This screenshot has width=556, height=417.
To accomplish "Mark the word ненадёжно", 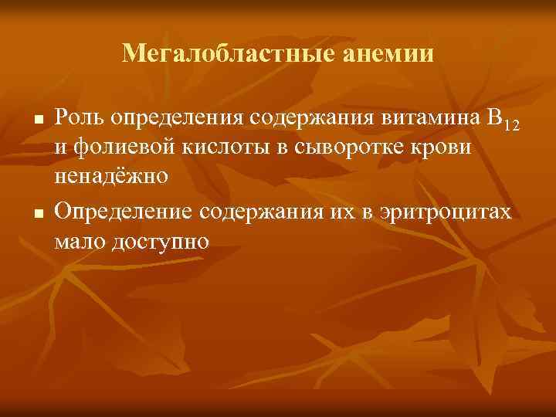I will (x=111, y=177).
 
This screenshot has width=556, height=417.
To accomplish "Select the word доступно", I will (x=161, y=241).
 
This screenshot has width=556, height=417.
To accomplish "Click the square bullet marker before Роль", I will (x=36, y=120).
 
